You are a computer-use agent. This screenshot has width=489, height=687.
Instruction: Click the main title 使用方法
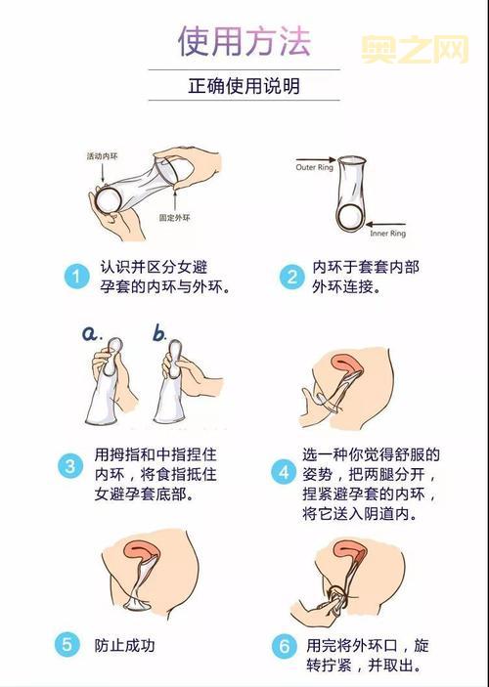pyautogui.click(x=244, y=41)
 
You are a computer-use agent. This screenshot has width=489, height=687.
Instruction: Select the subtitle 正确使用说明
pyautogui.click(x=244, y=86)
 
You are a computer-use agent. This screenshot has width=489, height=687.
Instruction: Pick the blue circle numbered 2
pyautogui.click(x=290, y=277)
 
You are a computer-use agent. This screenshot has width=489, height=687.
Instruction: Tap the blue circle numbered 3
pyautogui.click(x=70, y=465)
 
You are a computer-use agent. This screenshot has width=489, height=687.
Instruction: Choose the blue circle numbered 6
pyautogui.click(x=286, y=646)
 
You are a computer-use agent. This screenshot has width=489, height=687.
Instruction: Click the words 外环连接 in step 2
pyautogui.click(x=345, y=288)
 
